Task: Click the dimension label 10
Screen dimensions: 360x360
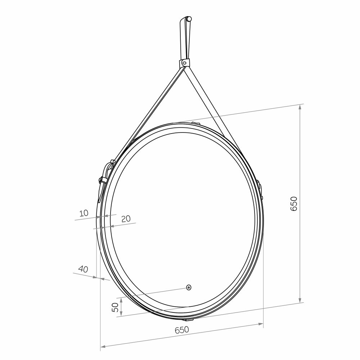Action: [84, 213]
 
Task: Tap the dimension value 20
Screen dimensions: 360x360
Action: [126, 219]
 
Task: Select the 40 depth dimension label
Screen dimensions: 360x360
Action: [83, 269]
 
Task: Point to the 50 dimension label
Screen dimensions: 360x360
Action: [115, 307]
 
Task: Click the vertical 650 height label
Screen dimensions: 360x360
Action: [294, 204]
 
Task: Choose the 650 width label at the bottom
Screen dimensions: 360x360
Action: [182, 330]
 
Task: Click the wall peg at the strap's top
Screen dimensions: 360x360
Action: [189, 19]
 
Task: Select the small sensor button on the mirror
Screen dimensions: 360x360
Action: [189, 287]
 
